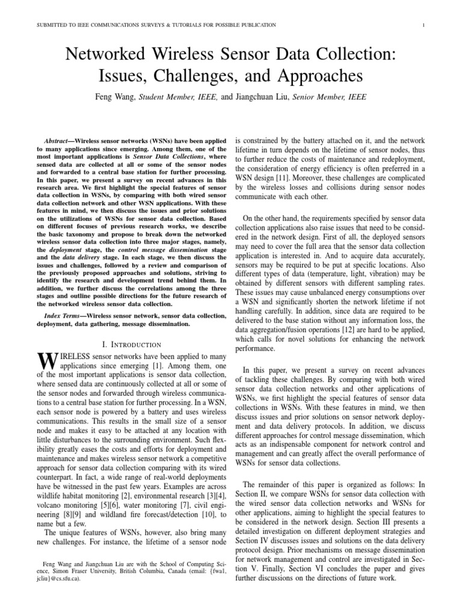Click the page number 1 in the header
point(425,25)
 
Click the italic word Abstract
point(58,139)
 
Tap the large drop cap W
point(46,361)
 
